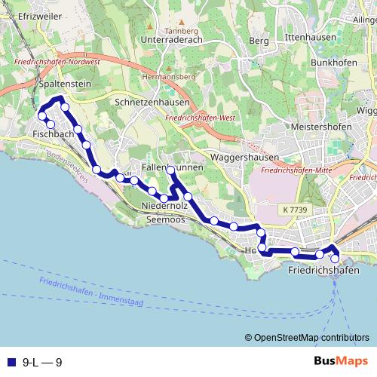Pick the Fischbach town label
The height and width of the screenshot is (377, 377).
[x=53, y=133]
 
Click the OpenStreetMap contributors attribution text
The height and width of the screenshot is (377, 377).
[x=311, y=338]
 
